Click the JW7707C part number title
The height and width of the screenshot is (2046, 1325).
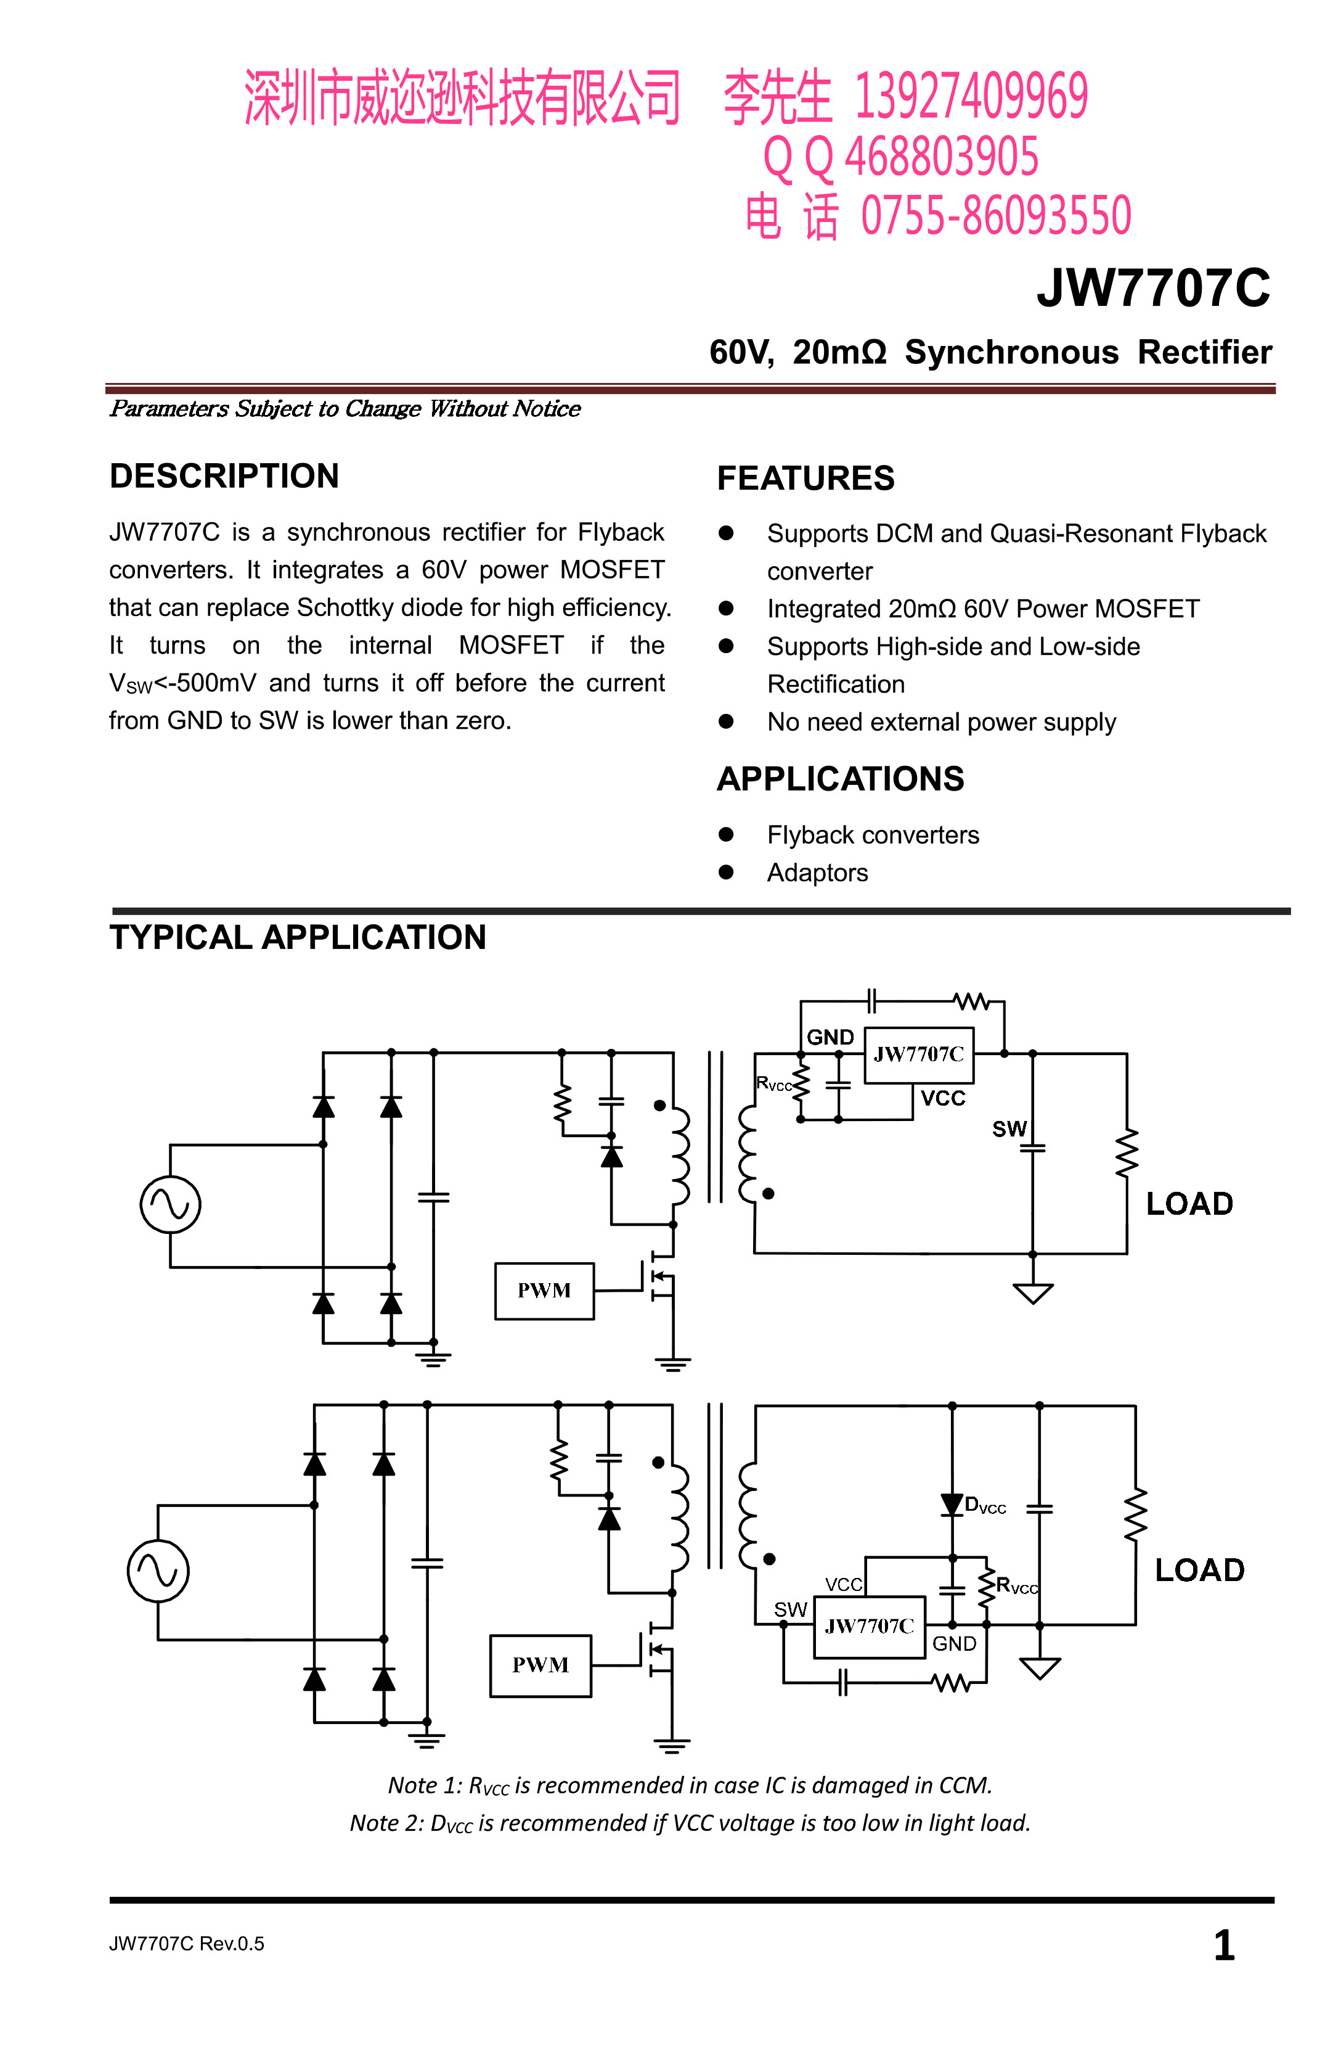1152,287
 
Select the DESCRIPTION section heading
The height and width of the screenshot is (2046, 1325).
224,475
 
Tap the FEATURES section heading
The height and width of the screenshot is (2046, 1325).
805,478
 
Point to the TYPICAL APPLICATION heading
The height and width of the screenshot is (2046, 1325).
297,937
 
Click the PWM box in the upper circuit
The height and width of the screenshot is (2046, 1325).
544,1291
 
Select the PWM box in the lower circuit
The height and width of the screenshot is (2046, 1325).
540,1665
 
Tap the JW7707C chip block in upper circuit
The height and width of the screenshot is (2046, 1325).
918,1055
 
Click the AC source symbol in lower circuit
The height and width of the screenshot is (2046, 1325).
158,1571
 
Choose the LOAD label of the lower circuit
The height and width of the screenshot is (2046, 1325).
1199,1570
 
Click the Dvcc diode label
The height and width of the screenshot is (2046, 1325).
985,1505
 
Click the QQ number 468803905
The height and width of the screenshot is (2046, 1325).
942,157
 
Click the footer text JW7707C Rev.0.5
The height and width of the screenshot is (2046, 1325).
187,1944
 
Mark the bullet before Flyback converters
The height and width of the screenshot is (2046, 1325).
726,834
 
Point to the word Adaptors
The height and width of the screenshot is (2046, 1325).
817,873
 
